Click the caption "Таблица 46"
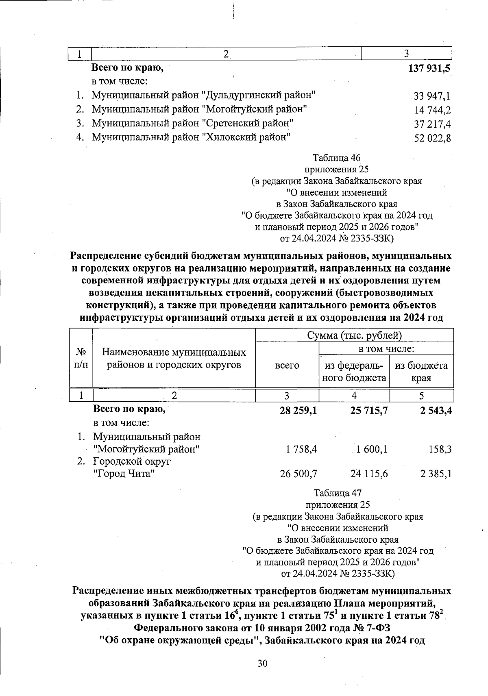point(336,158)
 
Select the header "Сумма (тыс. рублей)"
point(354,335)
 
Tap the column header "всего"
point(287,365)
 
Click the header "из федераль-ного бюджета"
point(354,372)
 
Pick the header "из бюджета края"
point(421,372)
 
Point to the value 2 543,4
point(436,411)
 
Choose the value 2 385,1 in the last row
point(436,474)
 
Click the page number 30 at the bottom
point(262,663)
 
